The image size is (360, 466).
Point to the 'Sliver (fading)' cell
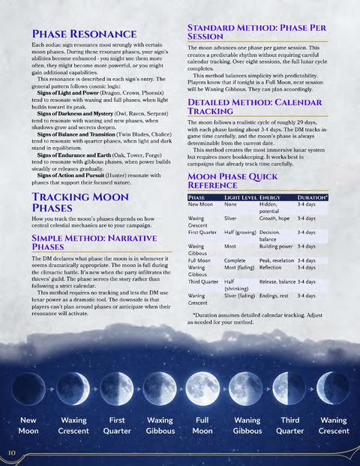tap(238, 296)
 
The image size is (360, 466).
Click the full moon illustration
tap(202, 389)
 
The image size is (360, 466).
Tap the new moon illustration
tap(29, 389)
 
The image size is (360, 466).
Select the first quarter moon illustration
tap(115, 389)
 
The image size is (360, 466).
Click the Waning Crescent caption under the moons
tap(333, 425)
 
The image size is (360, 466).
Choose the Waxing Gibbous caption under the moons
tap(159, 425)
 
